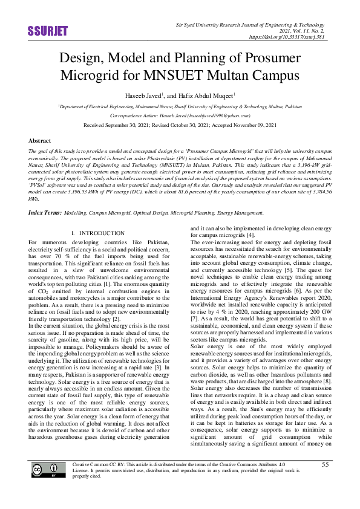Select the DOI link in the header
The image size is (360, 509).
tap(292, 36)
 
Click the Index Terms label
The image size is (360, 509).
tap(45, 213)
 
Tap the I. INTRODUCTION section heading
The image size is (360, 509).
tap(98, 233)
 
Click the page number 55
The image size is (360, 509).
tap(325, 481)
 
